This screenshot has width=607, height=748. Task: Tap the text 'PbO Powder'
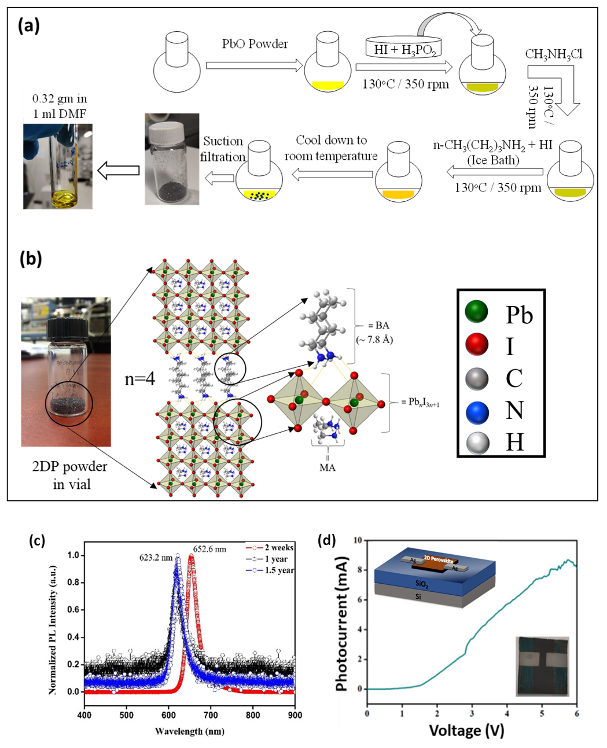point(255,44)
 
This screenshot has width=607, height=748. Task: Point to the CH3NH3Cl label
point(553,55)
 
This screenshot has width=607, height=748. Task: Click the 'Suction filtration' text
point(223,149)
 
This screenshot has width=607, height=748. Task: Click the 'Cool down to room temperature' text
point(331,148)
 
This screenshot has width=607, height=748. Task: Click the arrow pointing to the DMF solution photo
point(119,170)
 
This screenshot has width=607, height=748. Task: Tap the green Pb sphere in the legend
point(477,313)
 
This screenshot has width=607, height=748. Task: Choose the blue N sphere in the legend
point(477,412)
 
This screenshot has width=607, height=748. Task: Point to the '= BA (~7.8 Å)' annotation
point(379,333)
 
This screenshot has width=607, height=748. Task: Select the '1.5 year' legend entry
point(277,570)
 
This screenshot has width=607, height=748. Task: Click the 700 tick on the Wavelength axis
point(211,715)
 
